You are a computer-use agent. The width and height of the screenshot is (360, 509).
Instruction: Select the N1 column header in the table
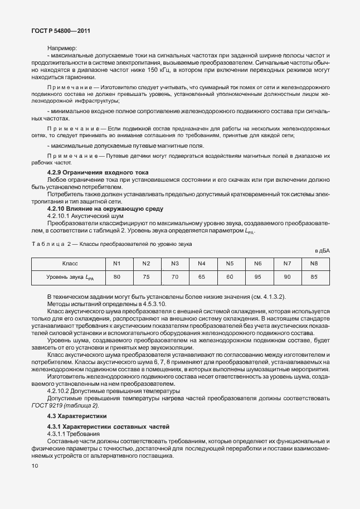coord(117,263)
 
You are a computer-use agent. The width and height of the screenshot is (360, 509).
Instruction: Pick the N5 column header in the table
coord(229,263)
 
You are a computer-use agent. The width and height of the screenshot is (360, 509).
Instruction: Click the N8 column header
coord(314,263)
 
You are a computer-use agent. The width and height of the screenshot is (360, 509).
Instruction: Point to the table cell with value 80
coord(117,276)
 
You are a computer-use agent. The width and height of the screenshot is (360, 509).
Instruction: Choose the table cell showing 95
coord(258,276)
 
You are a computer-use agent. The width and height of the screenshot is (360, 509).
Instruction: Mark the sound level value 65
coord(202,276)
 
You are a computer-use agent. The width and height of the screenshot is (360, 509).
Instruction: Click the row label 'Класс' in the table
coord(69,263)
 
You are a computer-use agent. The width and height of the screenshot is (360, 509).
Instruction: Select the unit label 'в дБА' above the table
coord(322,251)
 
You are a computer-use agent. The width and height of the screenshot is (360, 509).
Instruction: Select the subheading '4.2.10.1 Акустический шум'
coord(85,215)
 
